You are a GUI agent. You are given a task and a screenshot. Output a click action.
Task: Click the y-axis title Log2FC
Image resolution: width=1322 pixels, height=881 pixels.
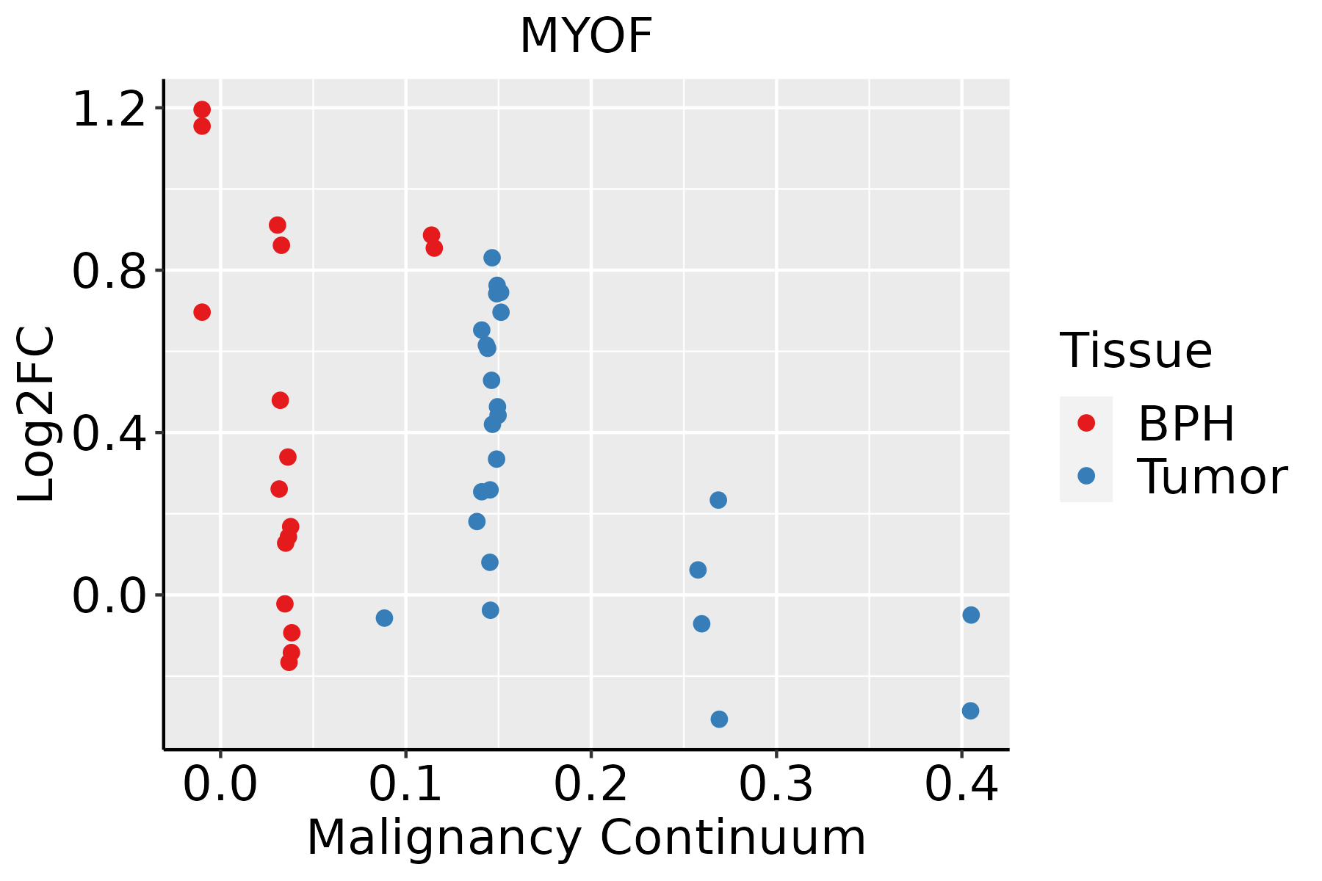coord(37,415)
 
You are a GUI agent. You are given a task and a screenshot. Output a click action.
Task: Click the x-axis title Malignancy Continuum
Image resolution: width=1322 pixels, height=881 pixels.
coord(586,838)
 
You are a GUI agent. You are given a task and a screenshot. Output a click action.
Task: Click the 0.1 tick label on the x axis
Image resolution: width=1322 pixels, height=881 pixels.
coord(405,785)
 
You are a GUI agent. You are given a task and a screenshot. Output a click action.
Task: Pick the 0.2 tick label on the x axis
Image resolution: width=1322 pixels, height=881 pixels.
coord(590,785)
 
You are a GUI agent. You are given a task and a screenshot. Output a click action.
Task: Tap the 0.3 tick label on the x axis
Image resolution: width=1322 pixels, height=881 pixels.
coord(776,785)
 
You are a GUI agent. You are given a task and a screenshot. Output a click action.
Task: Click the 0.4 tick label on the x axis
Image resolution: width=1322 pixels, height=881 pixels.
coord(961,785)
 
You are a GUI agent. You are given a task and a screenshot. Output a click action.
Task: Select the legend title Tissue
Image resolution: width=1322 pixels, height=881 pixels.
coord(1136,351)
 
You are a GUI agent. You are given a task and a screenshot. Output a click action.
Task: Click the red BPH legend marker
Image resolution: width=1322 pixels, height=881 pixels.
coord(1086,423)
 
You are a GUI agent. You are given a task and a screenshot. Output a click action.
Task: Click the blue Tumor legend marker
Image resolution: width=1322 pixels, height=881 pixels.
coord(1086,476)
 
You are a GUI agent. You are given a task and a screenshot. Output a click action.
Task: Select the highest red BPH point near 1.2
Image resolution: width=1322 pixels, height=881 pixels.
coord(202,110)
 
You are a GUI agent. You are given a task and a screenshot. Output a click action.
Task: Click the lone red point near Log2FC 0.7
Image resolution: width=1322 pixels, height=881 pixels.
coord(202,312)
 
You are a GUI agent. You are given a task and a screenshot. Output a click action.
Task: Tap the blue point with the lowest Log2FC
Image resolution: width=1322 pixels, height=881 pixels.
coord(719,719)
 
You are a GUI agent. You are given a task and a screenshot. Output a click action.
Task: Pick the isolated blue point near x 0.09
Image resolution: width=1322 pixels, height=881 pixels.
coord(384,618)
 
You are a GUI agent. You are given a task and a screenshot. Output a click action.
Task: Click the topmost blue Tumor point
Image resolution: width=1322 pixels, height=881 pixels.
coord(492,258)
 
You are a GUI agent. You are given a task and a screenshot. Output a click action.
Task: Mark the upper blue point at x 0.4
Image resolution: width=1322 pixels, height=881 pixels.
coord(971,614)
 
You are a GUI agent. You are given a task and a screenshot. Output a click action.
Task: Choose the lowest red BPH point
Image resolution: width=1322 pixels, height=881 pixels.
coord(289,662)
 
